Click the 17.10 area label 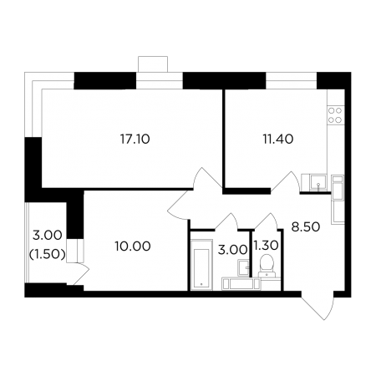[135, 139]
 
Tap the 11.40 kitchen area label [278, 139]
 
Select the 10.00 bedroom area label [133, 246]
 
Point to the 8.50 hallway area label [306, 227]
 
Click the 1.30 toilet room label [267, 246]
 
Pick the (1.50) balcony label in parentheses [48, 254]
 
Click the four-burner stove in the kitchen [335, 115]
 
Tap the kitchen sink [318, 183]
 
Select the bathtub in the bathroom [201, 265]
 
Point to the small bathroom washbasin [244, 267]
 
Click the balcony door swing [80, 273]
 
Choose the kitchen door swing [286, 181]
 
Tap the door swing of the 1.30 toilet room [267, 221]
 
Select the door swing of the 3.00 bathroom [226, 221]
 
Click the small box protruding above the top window [153, 64]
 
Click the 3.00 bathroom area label [232, 250]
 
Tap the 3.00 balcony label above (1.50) [48, 236]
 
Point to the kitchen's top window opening [292, 81]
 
